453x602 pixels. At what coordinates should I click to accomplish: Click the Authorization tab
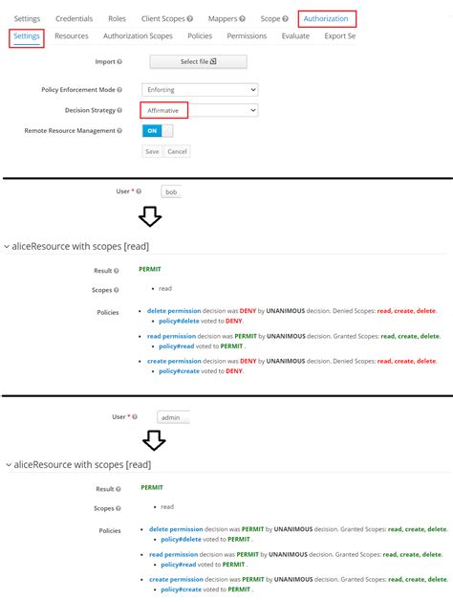tap(327, 18)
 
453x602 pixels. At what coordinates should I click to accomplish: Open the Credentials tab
tap(75, 18)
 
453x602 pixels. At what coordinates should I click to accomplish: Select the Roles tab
tap(117, 18)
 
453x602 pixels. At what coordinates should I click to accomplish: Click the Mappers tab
tap(226, 18)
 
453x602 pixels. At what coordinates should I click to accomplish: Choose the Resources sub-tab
tap(72, 36)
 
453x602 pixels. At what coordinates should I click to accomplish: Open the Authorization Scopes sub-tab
tap(138, 36)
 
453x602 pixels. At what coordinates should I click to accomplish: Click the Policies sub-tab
tap(200, 36)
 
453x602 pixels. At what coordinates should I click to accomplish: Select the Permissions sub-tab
tap(247, 36)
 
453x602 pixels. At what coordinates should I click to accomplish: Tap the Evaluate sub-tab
tap(295, 36)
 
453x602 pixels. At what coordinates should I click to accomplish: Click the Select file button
tap(199, 62)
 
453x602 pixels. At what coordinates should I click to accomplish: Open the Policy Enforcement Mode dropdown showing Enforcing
tap(200, 89)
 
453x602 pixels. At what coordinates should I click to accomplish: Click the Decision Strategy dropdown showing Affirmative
tap(200, 110)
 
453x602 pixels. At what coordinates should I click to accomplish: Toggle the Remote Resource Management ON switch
tap(152, 130)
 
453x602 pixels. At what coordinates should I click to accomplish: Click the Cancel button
tap(177, 151)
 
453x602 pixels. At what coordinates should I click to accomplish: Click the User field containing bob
tap(171, 191)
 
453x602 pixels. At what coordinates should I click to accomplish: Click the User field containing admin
tap(174, 417)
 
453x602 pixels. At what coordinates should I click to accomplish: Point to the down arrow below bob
tap(150, 217)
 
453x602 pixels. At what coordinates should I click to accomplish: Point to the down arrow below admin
tap(153, 441)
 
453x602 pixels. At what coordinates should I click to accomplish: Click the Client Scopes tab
tap(167, 18)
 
